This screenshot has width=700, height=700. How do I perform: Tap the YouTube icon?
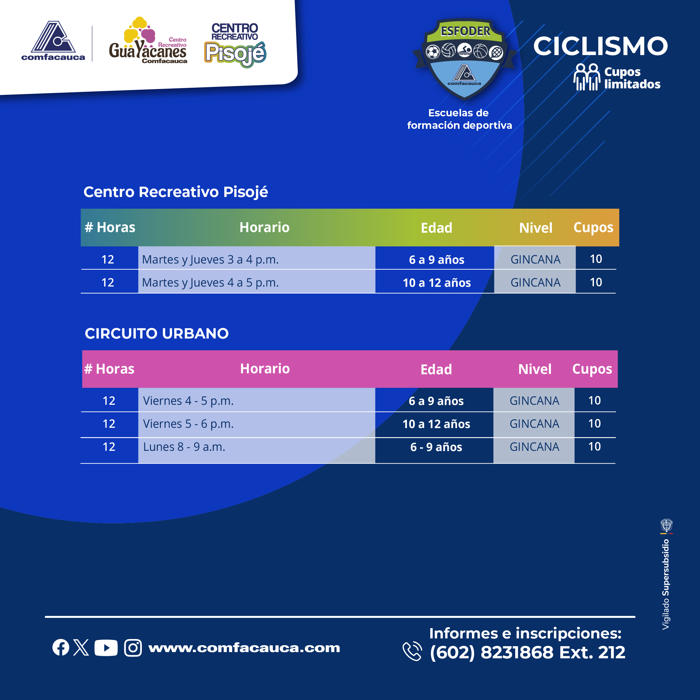coord(106,648)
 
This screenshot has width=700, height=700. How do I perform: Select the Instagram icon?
coord(133,648)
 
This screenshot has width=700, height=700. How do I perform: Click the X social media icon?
coord(81,647)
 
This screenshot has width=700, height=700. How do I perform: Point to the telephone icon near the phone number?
coord(412,651)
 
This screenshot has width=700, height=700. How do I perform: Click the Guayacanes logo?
coord(148,40)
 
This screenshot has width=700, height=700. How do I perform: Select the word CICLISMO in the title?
coord(600,46)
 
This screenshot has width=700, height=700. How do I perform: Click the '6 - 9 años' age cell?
coord(436,447)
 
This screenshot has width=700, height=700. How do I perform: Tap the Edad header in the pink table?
coord(436,370)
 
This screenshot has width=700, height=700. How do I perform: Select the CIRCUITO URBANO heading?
coord(156,333)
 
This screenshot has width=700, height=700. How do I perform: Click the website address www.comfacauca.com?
coord(244,648)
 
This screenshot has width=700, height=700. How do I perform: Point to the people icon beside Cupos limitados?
coord(586,77)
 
